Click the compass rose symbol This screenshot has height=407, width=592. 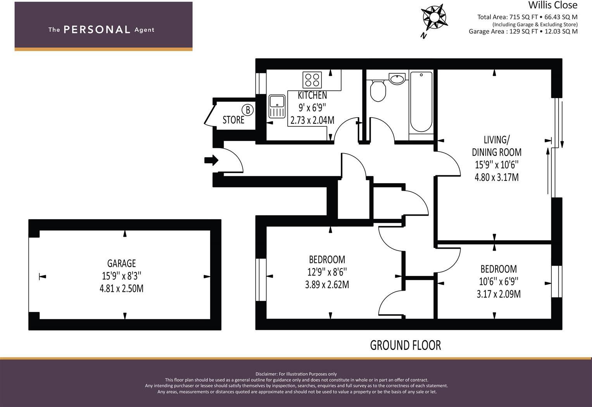point(434,17)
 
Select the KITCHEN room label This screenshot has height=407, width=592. point(312,95)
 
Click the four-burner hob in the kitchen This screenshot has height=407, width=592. point(312,80)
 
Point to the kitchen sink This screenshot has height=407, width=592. point(276,106)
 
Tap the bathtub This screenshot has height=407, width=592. point(421,102)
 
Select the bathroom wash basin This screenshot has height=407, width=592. point(397,79)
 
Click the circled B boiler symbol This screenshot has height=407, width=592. point(247,110)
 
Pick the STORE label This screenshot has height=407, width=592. point(233,120)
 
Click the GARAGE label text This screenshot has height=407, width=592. point(121,263)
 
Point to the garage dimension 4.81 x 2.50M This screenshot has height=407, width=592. point(121,289)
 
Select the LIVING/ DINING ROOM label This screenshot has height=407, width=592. point(496,146)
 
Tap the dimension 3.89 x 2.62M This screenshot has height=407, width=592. point(327,285)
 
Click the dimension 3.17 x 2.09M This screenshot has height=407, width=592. point(499,294)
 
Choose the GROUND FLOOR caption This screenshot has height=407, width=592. point(405,345)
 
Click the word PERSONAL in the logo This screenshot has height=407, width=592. point(97,29)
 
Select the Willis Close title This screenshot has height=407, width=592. point(553,5)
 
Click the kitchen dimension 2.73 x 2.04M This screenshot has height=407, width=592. point(312,120)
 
